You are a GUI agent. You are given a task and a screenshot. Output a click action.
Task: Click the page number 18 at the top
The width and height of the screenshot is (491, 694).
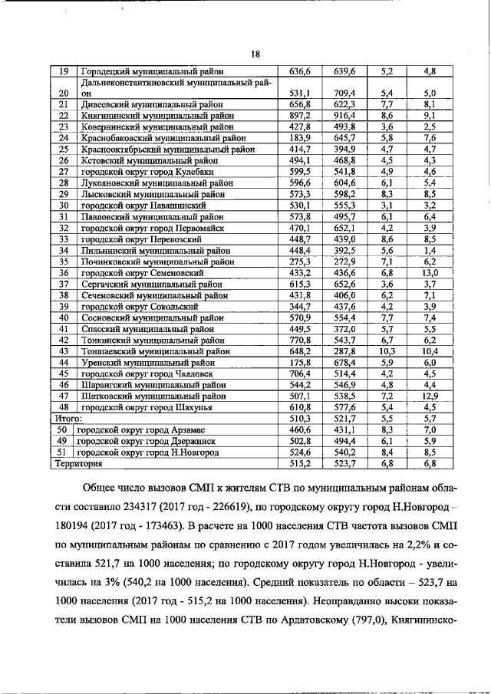[255, 54]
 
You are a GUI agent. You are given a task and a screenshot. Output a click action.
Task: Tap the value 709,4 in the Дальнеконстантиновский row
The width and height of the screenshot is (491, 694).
[344, 94]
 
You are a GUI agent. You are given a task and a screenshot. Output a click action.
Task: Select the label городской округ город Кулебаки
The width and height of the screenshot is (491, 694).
[138, 173]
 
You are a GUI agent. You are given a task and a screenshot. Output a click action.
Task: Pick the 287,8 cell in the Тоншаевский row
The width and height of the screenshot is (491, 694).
[344, 352]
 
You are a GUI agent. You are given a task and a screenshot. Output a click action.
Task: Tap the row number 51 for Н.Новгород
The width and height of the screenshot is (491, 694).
[62, 453]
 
